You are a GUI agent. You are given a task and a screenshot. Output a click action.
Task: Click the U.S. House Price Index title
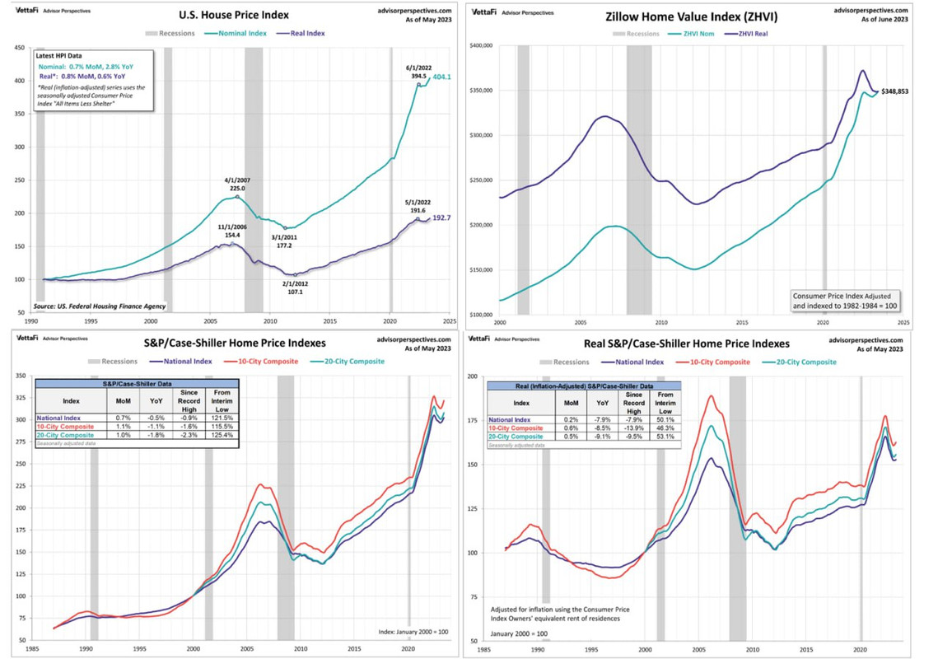[x=234, y=15]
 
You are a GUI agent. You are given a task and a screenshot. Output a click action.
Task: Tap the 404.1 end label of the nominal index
[x=442, y=77]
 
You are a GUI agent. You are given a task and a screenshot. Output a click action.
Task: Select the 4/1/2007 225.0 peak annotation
[x=238, y=184]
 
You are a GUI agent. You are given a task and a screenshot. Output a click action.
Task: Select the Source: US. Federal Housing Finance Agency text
[x=100, y=306]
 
